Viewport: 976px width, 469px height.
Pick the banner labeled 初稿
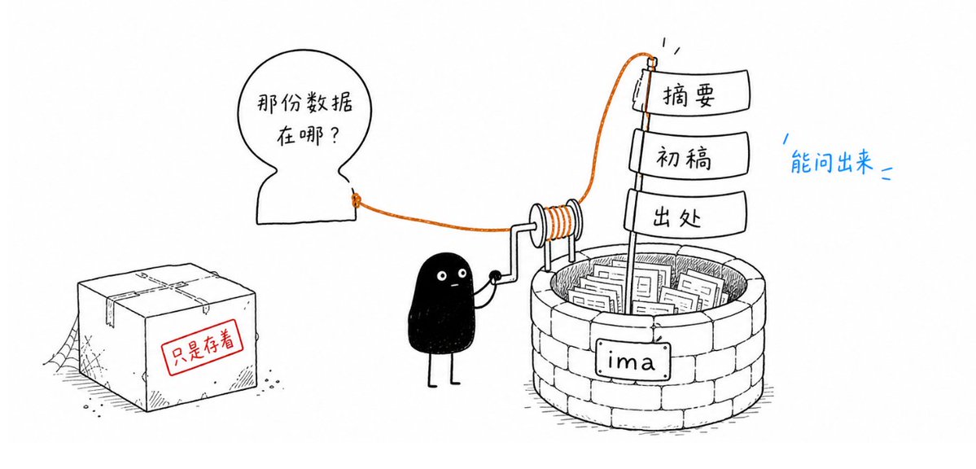(689, 155)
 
